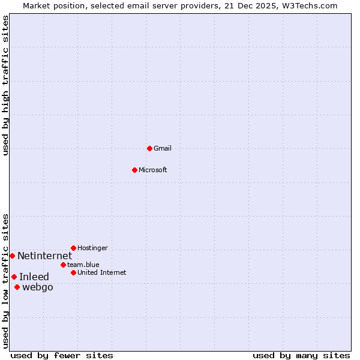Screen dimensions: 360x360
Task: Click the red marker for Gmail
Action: coord(149,148)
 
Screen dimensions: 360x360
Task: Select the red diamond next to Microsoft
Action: coord(134,170)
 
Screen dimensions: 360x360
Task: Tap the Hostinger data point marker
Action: coord(73,248)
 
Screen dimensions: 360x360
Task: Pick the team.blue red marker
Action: coord(63,265)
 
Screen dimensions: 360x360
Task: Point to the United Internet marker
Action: coord(73,272)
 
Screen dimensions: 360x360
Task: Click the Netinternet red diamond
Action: coord(12,256)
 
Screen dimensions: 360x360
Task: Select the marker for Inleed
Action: coord(14,277)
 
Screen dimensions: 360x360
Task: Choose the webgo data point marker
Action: coord(17,287)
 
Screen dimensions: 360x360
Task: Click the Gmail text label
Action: coord(163,148)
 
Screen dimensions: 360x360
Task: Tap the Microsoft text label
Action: coord(153,170)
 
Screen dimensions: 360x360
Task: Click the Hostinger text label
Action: coord(92,248)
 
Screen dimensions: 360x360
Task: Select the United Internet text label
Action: coord(101,272)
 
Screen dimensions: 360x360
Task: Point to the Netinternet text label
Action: coord(44,256)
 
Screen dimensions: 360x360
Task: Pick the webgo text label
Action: coord(37,287)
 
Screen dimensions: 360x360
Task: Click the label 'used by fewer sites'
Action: coord(62,355)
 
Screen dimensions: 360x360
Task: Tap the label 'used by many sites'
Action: coord(301,355)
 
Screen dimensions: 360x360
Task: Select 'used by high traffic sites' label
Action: coord(5,85)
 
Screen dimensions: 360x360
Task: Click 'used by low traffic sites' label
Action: coord(5,281)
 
